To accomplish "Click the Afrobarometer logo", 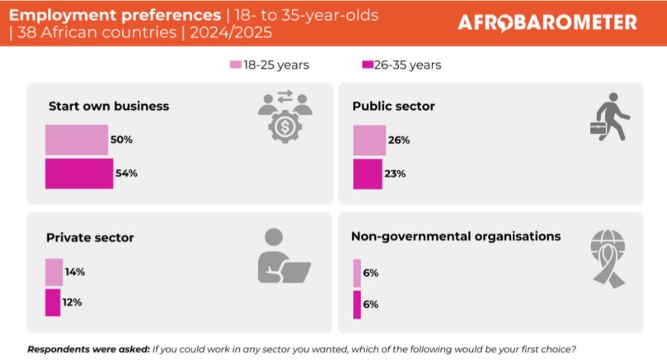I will pos(546,23).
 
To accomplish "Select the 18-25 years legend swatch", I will pos(235,65).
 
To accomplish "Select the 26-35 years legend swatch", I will pos(367,65).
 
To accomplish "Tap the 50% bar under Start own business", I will pos(76,140).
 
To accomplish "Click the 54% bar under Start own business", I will pos(79,174).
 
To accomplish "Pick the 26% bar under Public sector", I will pos(369,140).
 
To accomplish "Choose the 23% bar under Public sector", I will pos(367,174).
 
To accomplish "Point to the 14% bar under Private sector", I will pos(54,272).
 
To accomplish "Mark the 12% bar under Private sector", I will pos(53,303).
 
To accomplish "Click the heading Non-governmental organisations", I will pos(455,236).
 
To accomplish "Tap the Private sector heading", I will pos(90,238).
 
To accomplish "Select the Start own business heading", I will pos(109,106).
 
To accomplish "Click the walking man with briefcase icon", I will pos(610,117).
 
